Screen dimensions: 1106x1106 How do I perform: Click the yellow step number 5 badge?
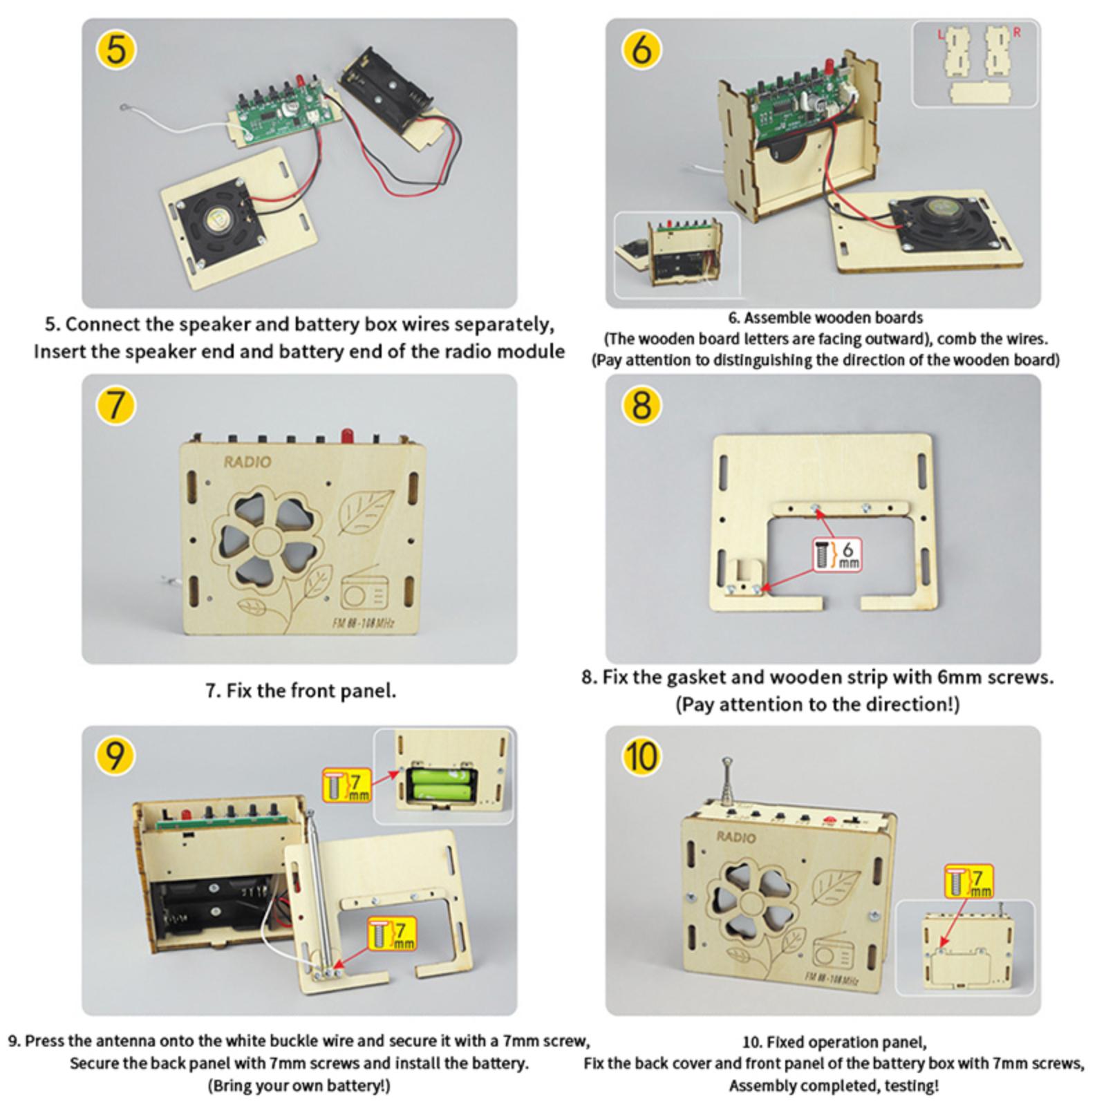tap(116, 50)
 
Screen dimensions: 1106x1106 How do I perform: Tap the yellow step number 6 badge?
tap(641, 50)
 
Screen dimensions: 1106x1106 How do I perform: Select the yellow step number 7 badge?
tap(115, 404)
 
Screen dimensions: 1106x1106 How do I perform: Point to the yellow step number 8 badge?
tap(641, 404)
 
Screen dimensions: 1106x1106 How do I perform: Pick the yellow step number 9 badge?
tap(115, 756)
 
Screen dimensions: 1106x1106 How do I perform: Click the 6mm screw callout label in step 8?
tap(837, 554)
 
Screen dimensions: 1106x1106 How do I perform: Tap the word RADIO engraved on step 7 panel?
tap(247, 462)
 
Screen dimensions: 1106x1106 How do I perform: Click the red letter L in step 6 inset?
tap(940, 34)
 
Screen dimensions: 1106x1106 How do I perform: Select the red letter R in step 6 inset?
tap(1016, 32)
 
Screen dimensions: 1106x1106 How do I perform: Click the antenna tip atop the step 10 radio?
tap(727, 762)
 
